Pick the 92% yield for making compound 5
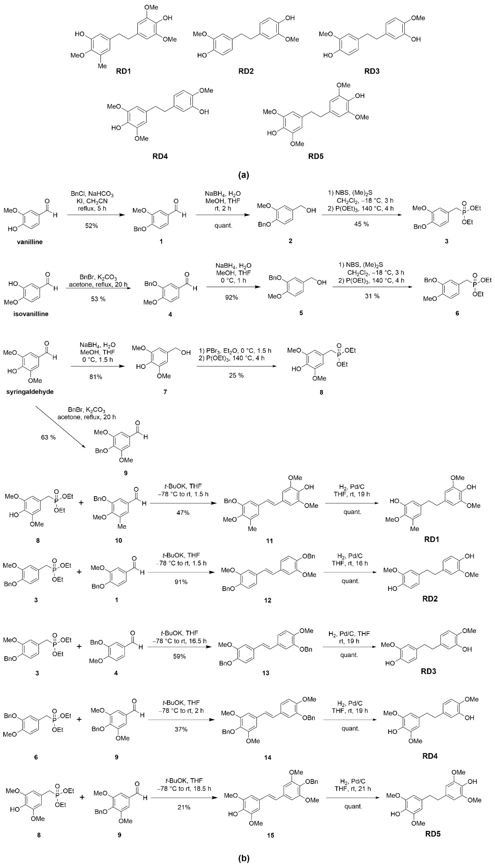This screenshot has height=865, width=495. pyautogui.click(x=232, y=297)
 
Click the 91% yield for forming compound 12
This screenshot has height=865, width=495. pyautogui.click(x=181, y=582)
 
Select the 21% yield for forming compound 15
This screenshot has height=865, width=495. pyautogui.click(x=184, y=807)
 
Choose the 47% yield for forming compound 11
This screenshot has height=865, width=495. pyautogui.click(x=183, y=513)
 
